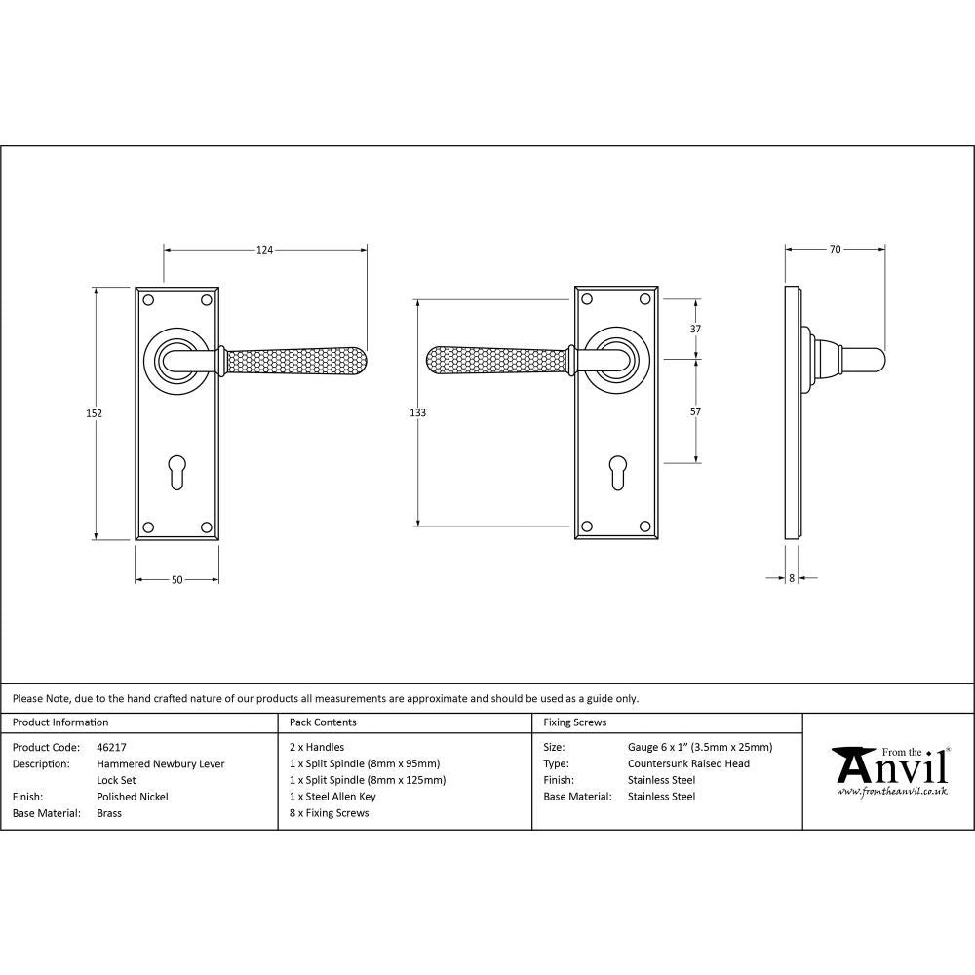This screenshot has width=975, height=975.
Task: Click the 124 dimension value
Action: [x=264, y=251]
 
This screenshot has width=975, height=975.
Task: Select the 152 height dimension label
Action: [x=95, y=413]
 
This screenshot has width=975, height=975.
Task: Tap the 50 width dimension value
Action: [x=176, y=580]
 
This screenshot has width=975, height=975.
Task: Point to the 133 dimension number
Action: [x=417, y=413]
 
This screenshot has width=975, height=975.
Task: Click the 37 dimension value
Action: [x=695, y=330]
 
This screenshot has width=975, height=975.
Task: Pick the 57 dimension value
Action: [x=695, y=412]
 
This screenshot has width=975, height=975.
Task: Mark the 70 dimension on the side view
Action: [x=836, y=250]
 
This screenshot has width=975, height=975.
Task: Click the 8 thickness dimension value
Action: [x=791, y=579]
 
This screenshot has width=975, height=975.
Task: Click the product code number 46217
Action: [x=112, y=748]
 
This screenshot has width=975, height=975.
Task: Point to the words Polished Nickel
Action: [x=133, y=797]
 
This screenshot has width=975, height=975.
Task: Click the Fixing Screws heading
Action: [x=574, y=722]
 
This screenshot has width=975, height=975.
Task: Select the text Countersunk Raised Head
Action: [x=688, y=764]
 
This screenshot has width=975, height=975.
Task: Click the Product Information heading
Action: [x=60, y=722]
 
